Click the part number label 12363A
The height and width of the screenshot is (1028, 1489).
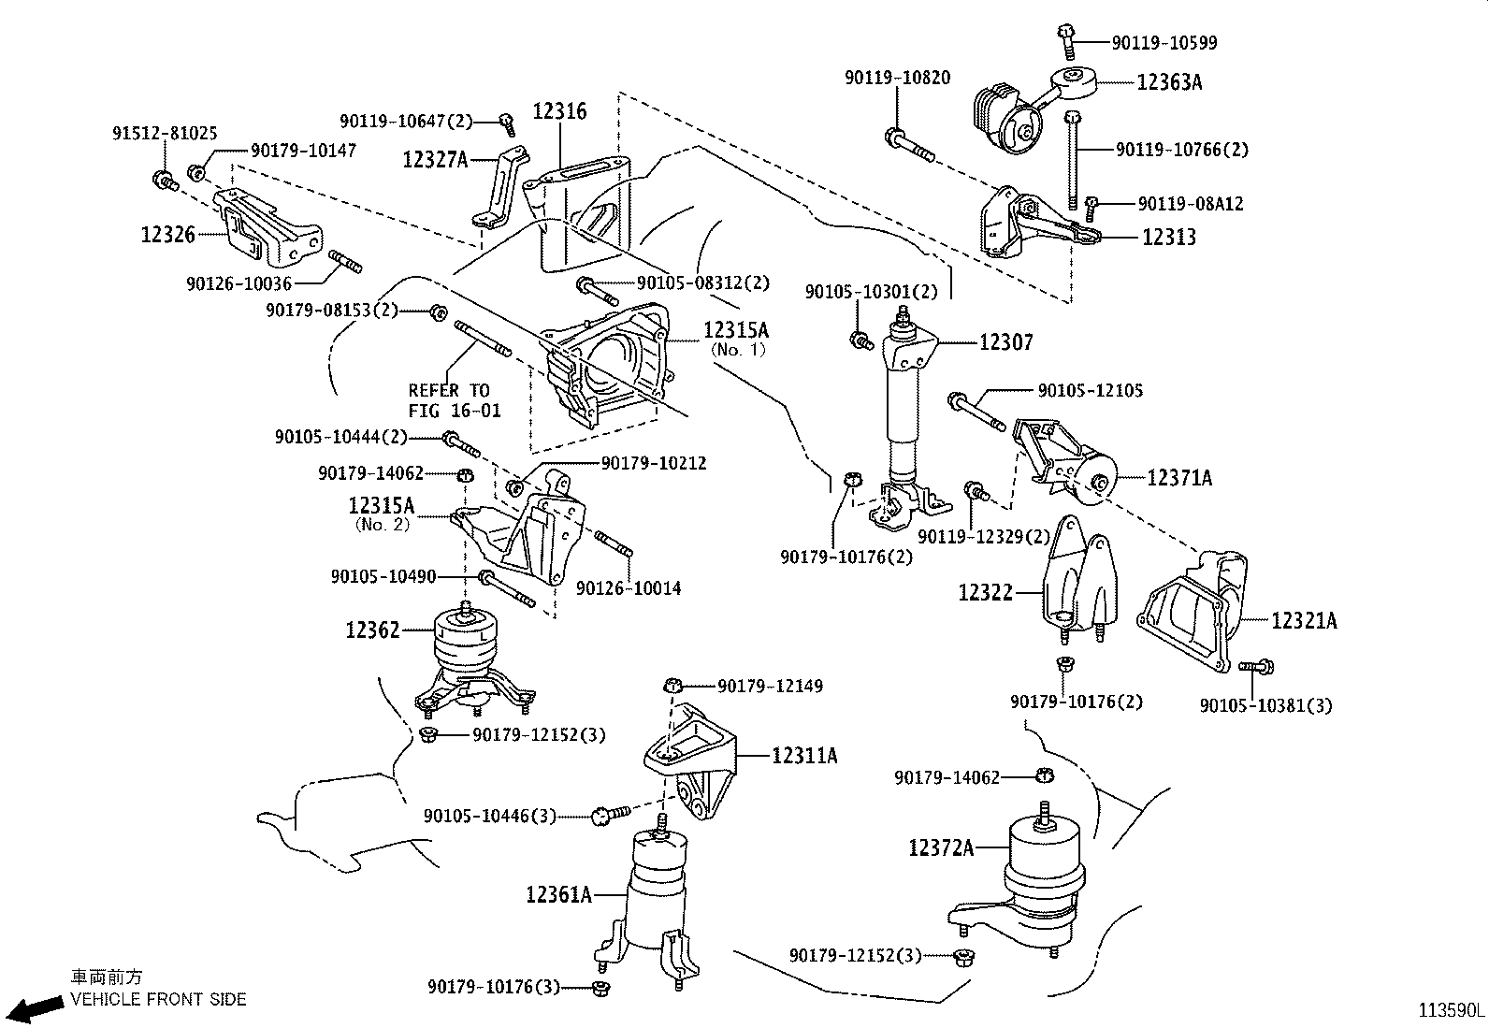tap(1169, 82)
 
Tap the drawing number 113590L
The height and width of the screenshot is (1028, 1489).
tap(1451, 1011)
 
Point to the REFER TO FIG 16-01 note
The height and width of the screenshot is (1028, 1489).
tap(454, 400)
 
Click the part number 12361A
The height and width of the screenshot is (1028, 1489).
tap(558, 895)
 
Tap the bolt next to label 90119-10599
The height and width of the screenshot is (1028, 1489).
tap(1065, 36)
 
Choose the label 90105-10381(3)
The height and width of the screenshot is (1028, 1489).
tap(1265, 706)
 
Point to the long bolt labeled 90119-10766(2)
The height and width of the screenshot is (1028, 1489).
tap(1074, 159)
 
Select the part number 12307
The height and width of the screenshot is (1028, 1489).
tap(1006, 343)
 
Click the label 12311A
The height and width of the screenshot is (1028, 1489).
tap(804, 755)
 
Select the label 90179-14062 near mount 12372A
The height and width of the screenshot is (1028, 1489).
tap(947, 777)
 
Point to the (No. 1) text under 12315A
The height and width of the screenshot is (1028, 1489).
tap(738, 350)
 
